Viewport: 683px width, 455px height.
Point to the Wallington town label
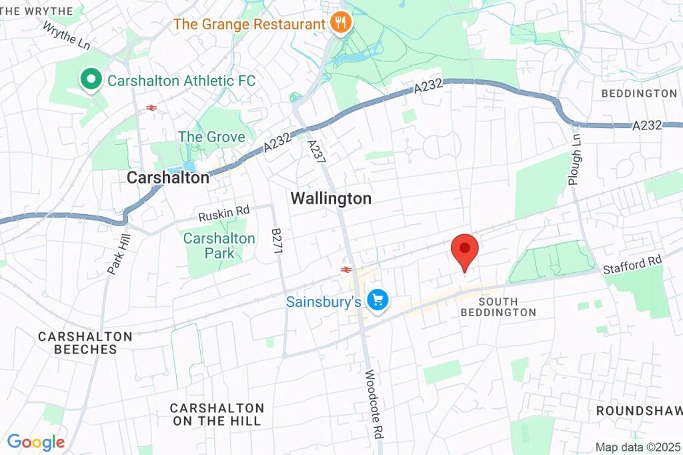331,198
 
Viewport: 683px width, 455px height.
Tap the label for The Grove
211,137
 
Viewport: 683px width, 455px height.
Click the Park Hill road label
119,254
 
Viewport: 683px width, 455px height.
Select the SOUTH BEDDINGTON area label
498,307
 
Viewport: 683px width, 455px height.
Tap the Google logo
36,442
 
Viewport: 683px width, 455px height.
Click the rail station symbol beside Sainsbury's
346,270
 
